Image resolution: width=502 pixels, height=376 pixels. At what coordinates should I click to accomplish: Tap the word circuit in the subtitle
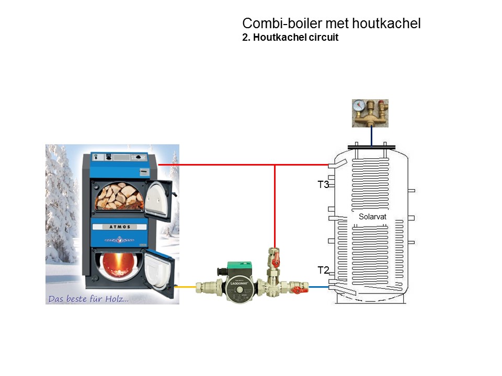[323, 38]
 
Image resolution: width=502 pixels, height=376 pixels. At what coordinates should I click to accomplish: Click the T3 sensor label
[323, 184]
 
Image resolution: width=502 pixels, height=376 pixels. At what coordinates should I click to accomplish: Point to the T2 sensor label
[323, 270]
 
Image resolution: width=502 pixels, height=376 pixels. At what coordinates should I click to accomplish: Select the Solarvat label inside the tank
[372, 216]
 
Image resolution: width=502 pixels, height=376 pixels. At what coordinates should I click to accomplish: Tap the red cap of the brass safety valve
[384, 104]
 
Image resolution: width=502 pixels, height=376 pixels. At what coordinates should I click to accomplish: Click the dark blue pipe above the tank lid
[371, 136]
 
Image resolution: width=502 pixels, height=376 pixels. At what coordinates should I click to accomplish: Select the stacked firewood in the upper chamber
[118, 196]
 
